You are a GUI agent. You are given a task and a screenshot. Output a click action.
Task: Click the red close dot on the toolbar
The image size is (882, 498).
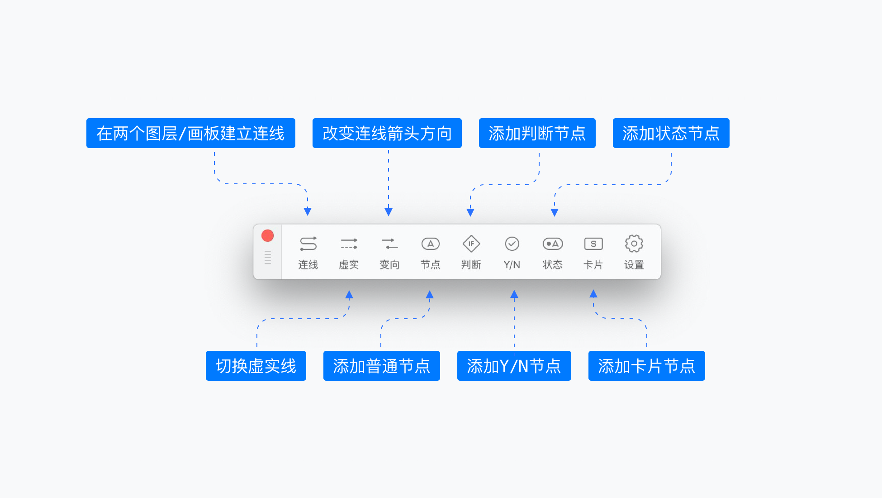click(268, 235)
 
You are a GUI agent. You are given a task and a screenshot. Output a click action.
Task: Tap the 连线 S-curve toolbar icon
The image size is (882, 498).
click(308, 244)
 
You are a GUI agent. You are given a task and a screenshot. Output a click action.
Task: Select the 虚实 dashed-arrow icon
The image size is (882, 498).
click(349, 244)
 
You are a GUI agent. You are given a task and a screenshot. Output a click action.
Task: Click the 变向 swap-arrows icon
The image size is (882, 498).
click(389, 244)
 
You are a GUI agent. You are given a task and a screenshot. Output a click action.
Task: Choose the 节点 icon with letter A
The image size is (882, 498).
click(430, 244)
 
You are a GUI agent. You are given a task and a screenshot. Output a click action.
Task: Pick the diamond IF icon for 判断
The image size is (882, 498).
click(471, 244)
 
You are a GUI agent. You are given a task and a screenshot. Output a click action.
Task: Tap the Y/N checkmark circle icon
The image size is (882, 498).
click(512, 244)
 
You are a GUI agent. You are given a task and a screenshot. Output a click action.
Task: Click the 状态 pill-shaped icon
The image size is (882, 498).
click(552, 244)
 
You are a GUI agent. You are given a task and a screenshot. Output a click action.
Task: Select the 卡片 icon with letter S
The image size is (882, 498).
click(593, 244)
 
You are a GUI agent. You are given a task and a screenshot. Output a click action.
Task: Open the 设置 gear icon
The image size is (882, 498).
click(634, 244)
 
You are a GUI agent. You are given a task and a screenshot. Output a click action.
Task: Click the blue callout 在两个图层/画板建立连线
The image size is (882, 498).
click(190, 133)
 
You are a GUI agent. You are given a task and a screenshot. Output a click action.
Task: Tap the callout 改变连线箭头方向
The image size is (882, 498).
click(387, 133)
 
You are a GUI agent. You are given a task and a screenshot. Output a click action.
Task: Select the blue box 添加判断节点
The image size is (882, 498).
click(537, 133)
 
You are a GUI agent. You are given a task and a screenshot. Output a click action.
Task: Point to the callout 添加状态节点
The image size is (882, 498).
click(671, 133)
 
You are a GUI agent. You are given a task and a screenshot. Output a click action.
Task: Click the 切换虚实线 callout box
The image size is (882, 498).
click(256, 366)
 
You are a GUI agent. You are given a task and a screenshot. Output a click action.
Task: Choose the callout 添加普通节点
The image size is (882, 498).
click(381, 366)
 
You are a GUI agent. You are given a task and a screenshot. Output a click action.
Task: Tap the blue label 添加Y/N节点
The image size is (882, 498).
click(514, 366)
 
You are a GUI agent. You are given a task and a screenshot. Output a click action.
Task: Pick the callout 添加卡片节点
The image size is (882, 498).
click(646, 366)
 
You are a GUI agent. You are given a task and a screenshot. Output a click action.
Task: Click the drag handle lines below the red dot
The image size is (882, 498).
click(268, 257)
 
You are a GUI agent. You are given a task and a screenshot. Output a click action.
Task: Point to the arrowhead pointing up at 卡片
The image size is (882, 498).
click(593, 294)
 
